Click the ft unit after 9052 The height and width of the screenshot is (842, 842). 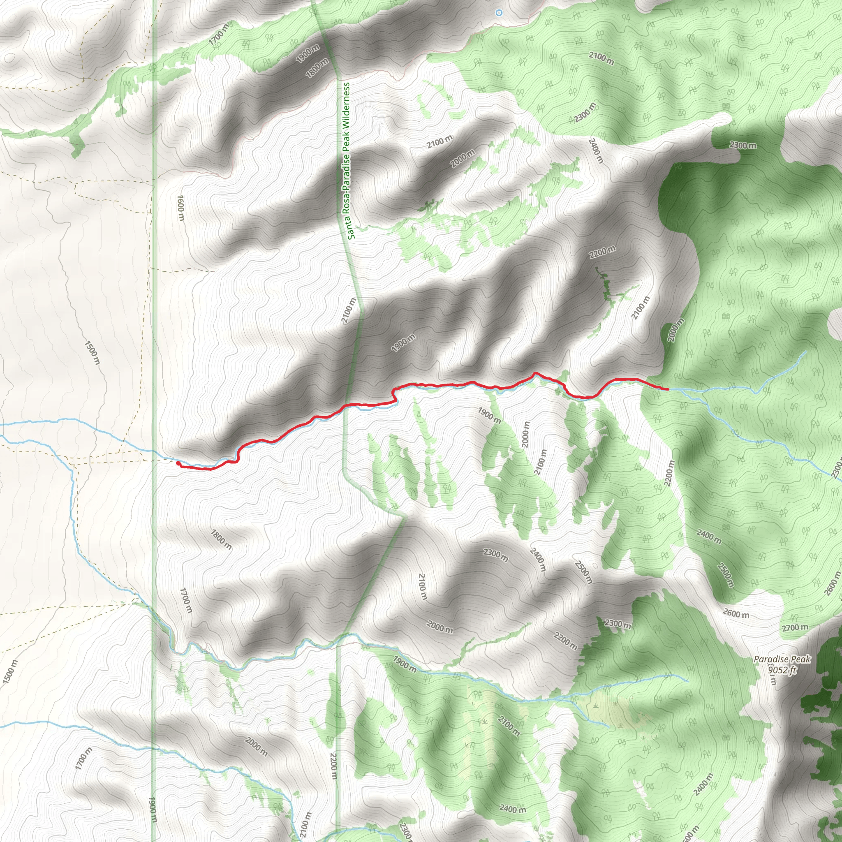[792, 670]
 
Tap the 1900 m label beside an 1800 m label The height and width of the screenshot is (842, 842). [308, 53]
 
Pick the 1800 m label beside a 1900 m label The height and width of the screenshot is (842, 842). [317, 68]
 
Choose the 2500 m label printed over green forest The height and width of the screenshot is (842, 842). [725, 575]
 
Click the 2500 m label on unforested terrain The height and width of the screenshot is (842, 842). [583, 572]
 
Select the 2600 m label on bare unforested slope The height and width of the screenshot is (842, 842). [736, 614]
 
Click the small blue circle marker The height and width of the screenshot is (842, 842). [499, 13]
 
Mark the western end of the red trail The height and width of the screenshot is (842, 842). [177, 463]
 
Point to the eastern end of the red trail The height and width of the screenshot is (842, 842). [668, 389]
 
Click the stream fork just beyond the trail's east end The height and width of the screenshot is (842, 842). [680, 389]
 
